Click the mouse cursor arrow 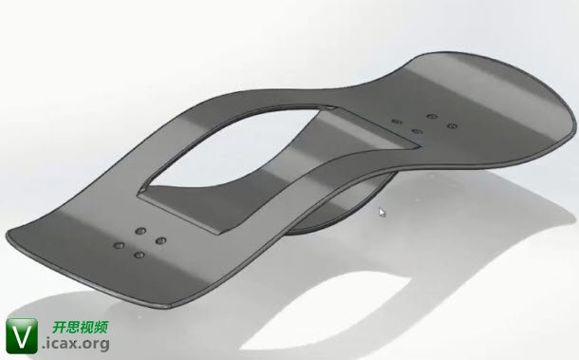pyautogui.click(x=383, y=213)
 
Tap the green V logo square pyautogui.click(x=22, y=336)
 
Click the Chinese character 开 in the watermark pyautogui.click(x=60, y=327)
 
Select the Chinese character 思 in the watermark pyautogui.click(x=73, y=327)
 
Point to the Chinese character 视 pyautogui.click(x=87, y=327)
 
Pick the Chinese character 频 pyautogui.click(x=102, y=327)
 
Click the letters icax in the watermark pyautogui.click(x=63, y=343)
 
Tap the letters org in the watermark pyautogui.click(x=96, y=345)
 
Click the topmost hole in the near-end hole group pyautogui.click(x=140, y=232)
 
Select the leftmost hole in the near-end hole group pyautogui.click(x=119, y=245)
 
